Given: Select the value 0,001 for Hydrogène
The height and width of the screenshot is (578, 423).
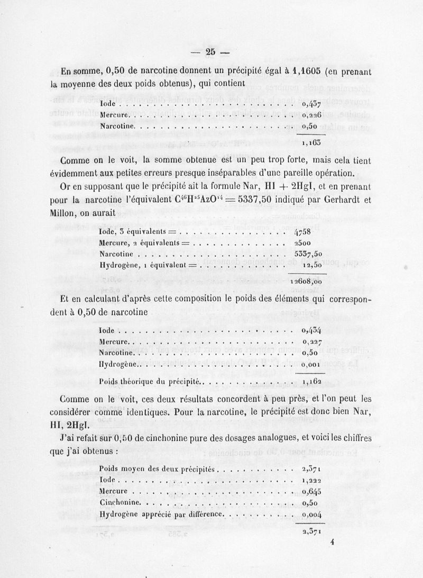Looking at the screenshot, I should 312,364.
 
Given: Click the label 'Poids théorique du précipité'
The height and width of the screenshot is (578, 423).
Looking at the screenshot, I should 150,381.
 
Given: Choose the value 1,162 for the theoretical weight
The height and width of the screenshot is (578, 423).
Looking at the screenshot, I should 312,381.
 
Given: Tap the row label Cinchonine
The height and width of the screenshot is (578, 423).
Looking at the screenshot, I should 120,502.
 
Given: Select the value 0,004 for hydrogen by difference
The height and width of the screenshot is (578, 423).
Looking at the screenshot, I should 312,513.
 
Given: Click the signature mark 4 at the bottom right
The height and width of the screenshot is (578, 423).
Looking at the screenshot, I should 332,541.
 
